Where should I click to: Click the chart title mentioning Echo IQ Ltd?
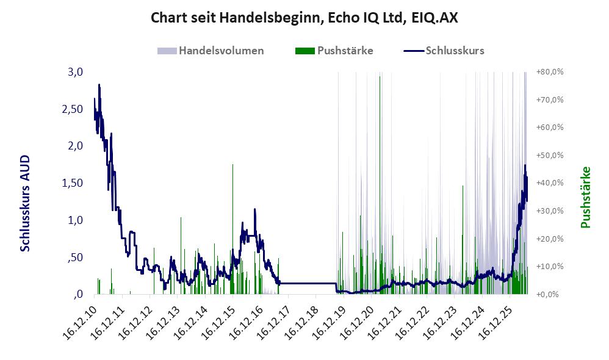(x=304, y=18)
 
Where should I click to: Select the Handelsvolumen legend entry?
(x=211, y=51)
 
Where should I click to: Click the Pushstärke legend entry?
(x=334, y=51)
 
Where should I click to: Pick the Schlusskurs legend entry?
(x=444, y=51)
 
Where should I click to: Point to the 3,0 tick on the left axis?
(x=75, y=72)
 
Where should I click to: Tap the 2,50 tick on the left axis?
(x=72, y=109)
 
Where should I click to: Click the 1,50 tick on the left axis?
(x=72, y=183)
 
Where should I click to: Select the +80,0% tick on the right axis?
(x=550, y=72)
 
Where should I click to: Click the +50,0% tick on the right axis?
(x=550, y=156)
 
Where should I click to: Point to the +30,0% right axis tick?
(x=550, y=211)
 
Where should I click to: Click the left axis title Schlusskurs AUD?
(x=25, y=203)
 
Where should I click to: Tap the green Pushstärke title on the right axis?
(x=585, y=197)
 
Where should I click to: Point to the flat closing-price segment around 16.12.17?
(x=307, y=283)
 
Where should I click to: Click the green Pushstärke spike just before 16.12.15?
(x=232, y=229)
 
